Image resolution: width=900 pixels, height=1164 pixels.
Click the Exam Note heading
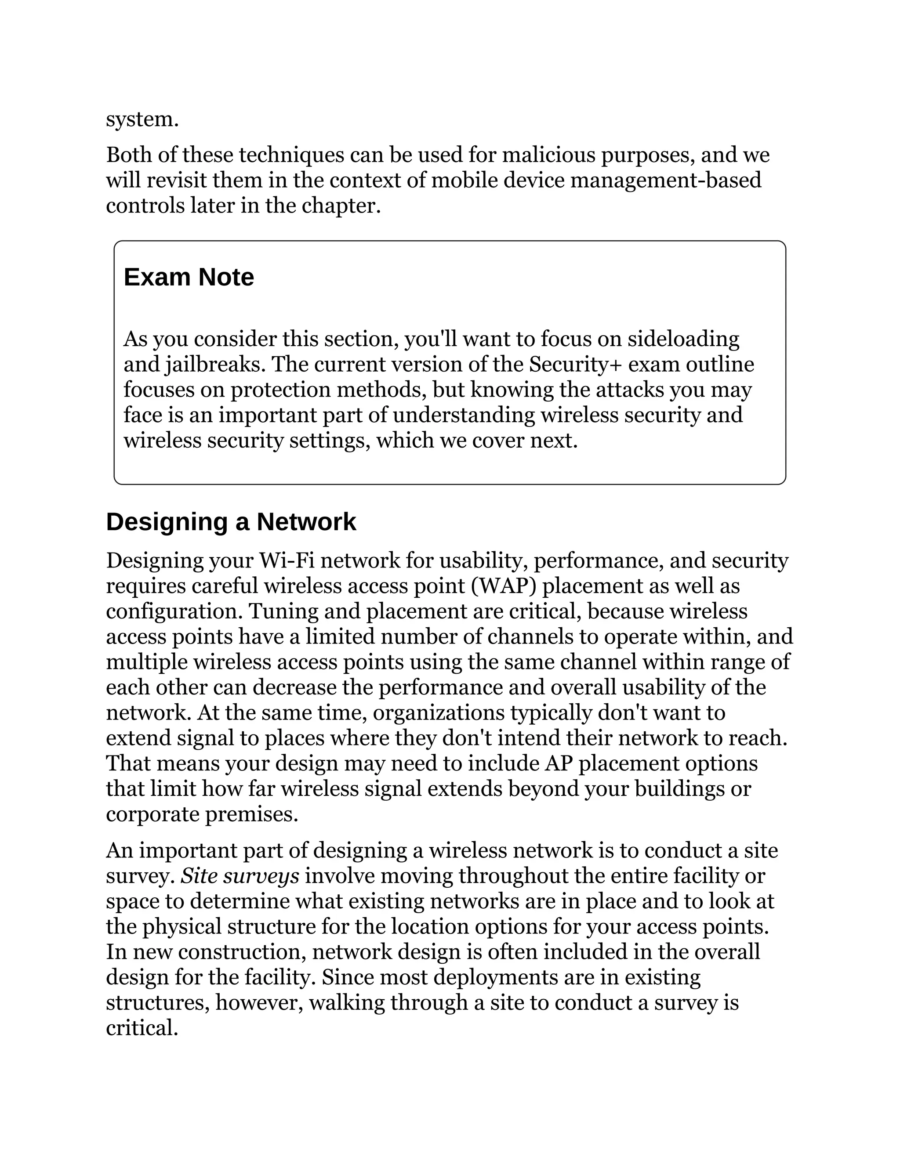(189, 277)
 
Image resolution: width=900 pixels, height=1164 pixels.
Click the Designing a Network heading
(231, 522)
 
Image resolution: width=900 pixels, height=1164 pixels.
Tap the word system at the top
(142, 119)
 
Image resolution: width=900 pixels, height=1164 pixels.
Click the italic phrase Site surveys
(240, 876)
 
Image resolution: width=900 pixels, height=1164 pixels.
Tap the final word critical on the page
(142, 1028)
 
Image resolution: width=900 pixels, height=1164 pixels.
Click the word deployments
(514, 977)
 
